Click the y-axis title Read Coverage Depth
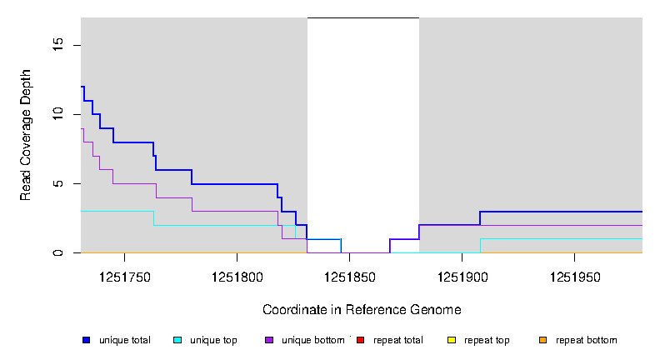click(x=26, y=135)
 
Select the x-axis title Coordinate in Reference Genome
click(x=362, y=309)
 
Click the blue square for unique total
click(x=86, y=340)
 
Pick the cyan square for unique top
click(x=177, y=340)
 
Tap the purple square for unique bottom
click(x=269, y=340)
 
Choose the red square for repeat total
click(x=360, y=340)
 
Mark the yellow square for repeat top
click(x=452, y=340)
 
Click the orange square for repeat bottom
click(x=542, y=340)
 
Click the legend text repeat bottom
click(x=587, y=340)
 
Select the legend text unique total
click(x=125, y=340)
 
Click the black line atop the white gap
click(x=363, y=17)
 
